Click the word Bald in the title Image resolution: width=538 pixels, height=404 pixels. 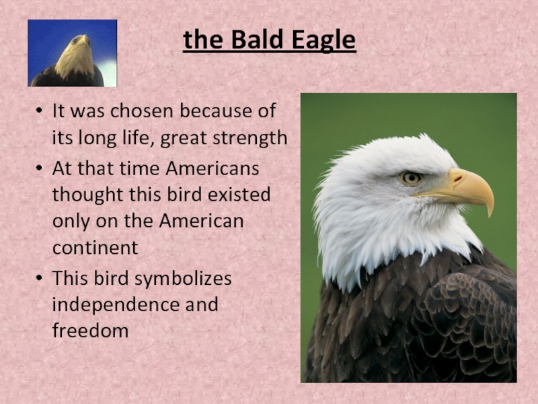tap(257, 39)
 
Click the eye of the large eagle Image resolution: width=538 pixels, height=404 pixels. tap(411, 178)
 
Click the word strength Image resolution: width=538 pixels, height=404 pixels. tap(249, 139)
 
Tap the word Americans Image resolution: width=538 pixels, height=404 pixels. tap(213, 169)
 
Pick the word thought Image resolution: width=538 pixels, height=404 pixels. tap(88, 195)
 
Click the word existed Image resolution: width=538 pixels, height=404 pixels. tap(239, 195)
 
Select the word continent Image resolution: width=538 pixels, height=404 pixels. tap(95, 247)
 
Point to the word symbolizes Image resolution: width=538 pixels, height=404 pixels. tap(183, 279)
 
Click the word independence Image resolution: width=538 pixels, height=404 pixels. tap(116, 305)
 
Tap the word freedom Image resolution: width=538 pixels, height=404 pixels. tap(91, 331)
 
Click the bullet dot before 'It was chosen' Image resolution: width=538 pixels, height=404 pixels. tap(39, 111)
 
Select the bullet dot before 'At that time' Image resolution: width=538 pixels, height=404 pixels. tap(39, 169)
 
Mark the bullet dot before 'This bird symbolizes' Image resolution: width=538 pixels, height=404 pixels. tap(39, 278)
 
